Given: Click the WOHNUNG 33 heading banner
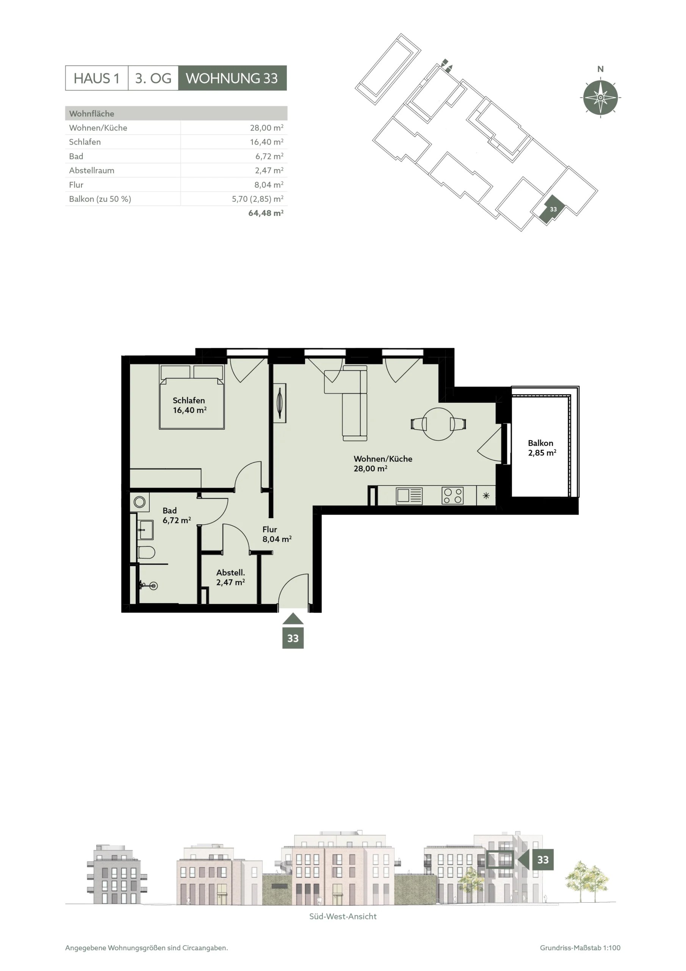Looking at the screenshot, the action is pyautogui.click(x=232, y=78).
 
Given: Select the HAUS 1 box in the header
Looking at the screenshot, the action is pyautogui.click(x=96, y=78).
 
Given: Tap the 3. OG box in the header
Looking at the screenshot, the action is pyautogui.click(x=153, y=78).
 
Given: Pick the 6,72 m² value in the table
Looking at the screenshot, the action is pyautogui.click(x=269, y=156).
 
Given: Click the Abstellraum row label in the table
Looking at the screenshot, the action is pyautogui.click(x=92, y=170).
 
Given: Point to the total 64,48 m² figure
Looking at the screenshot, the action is pyautogui.click(x=266, y=213).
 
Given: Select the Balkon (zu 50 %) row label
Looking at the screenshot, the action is pyautogui.click(x=100, y=199).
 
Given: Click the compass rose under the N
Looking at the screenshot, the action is pyautogui.click(x=600, y=97).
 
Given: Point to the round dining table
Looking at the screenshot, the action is pyautogui.click(x=439, y=424).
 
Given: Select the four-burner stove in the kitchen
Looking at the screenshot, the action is pyautogui.click(x=452, y=496).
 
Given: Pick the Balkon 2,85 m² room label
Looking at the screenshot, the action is pyautogui.click(x=542, y=448).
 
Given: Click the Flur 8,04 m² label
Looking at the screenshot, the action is pyautogui.click(x=277, y=534).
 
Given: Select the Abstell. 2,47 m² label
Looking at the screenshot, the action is pyautogui.click(x=231, y=577).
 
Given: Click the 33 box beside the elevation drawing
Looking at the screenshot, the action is pyautogui.click(x=543, y=860).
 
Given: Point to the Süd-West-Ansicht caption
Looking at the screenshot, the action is pyautogui.click(x=343, y=916).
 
